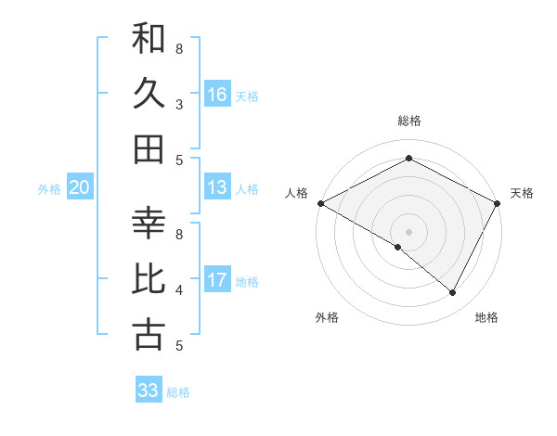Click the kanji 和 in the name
tap(149, 39)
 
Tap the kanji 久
tap(149, 94)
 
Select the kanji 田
tap(149, 148)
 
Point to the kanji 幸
tap(149, 224)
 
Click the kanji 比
tap(149, 279)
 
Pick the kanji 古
tap(149, 335)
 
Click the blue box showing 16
tap(217, 95)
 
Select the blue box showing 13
tap(217, 188)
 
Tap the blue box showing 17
tap(217, 280)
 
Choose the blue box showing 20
tap(79, 188)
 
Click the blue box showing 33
tap(149, 391)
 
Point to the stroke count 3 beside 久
tap(179, 104)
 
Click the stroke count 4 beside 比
tap(179, 290)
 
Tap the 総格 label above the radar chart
tap(408, 121)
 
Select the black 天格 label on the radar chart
tap(522, 193)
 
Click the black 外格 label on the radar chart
tap(327, 317)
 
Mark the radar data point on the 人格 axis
tap(320, 203)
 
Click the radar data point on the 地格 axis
tap(453, 293)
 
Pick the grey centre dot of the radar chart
tap(408, 231)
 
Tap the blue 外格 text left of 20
tap(49, 189)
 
